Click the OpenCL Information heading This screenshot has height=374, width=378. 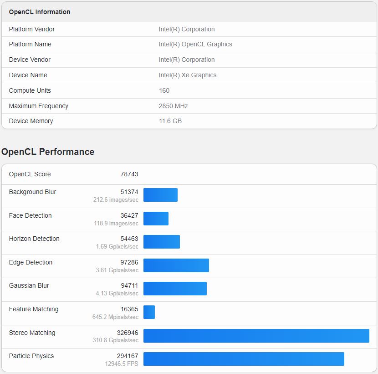(x=40, y=12)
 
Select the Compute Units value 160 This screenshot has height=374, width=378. (x=164, y=90)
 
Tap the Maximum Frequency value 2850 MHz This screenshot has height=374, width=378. (x=173, y=106)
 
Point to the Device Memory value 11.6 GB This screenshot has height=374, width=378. (x=170, y=121)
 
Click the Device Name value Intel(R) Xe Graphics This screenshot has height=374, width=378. (x=187, y=75)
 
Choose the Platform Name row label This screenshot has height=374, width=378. (x=30, y=44)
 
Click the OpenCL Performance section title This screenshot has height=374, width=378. (x=48, y=152)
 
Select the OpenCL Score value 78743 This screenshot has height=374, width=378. (x=129, y=174)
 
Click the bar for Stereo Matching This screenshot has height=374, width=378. (x=256, y=336)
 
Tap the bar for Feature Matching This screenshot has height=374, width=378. (x=149, y=312)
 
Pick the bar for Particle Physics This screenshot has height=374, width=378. (x=244, y=359)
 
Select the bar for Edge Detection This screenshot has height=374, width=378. (x=176, y=265)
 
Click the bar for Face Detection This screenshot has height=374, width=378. (x=156, y=219)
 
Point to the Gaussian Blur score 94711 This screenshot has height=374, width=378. (x=129, y=285)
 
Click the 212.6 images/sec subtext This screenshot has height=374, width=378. (x=116, y=200)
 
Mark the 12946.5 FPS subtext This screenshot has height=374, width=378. (x=122, y=364)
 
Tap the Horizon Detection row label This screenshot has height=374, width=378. (x=34, y=239)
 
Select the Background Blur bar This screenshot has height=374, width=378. (x=160, y=195)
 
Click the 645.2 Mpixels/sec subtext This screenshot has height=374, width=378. (x=115, y=317)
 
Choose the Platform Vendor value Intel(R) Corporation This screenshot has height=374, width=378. (x=187, y=29)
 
